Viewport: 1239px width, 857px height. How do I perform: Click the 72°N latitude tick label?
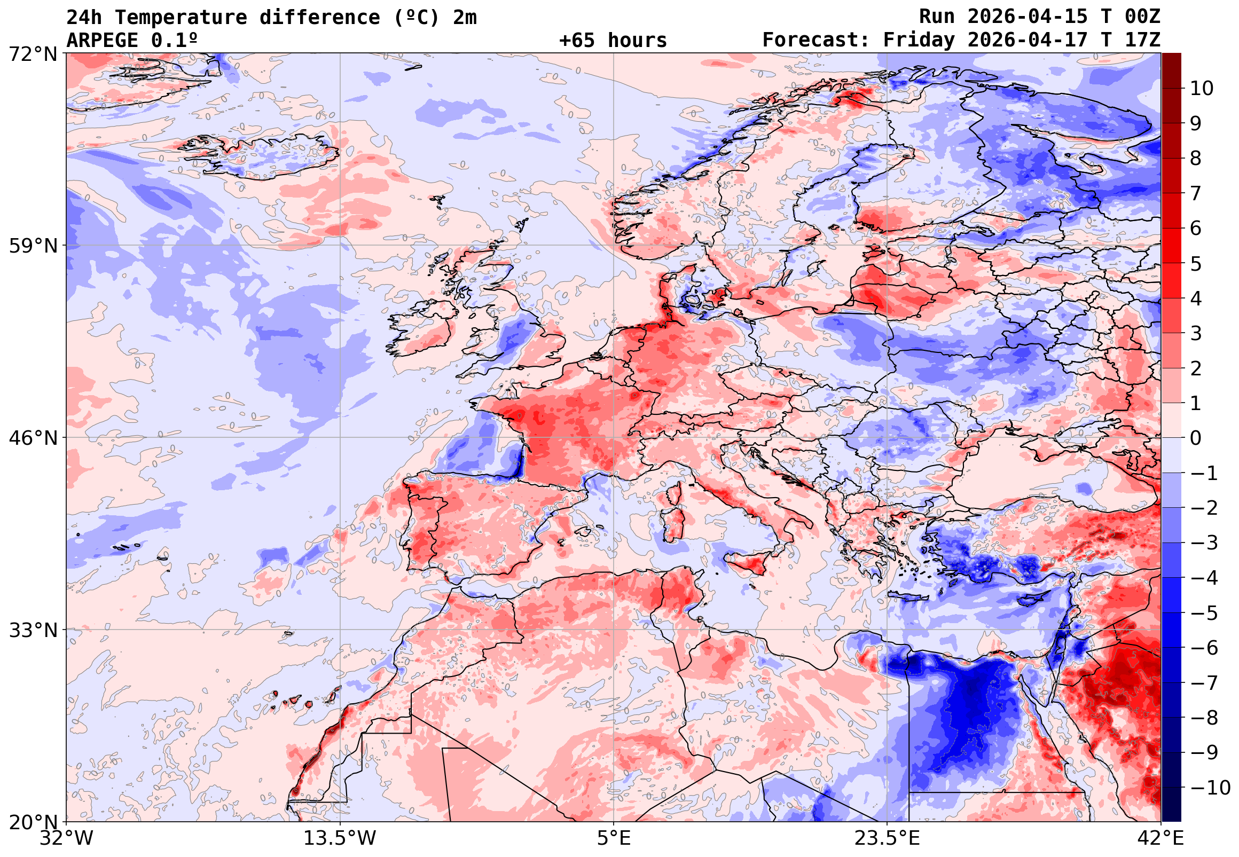[x=33, y=54]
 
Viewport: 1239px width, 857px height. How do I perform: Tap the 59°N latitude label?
[x=33, y=247]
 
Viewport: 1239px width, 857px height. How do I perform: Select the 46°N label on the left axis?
[x=33, y=438]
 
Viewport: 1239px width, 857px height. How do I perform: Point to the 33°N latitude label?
[x=33, y=630]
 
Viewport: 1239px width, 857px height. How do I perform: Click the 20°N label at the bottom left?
[x=33, y=822]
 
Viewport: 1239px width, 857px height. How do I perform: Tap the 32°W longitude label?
[x=66, y=838]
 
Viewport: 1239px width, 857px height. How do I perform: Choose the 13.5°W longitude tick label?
[x=340, y=838]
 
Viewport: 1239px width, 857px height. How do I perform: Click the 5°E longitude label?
[x=614, y=838]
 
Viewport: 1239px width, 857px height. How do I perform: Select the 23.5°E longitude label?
[x=887, y=838]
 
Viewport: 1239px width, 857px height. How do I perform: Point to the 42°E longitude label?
[x=1161, y=838]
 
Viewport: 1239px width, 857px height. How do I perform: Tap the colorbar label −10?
[x=1211, y=788]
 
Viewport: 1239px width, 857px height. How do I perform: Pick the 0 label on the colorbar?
[x=1196, y=438]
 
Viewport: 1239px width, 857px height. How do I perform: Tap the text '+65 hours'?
[x=613, y=41]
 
